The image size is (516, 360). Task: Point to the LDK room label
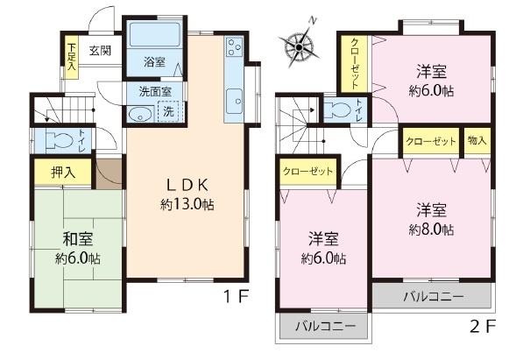187,185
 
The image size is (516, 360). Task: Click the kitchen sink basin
234,102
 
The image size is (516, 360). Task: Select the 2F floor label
482,328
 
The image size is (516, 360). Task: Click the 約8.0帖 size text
433,229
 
